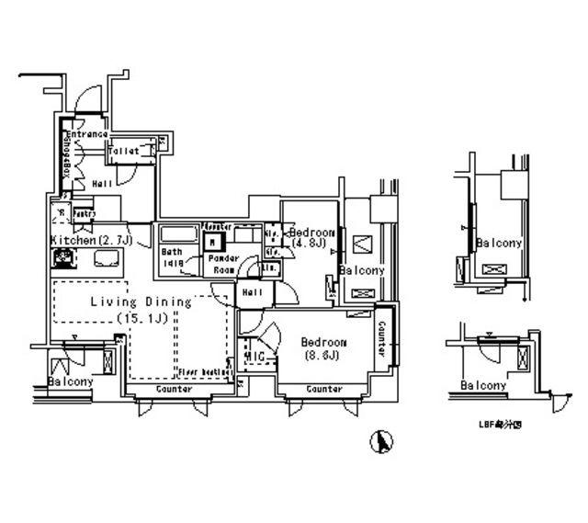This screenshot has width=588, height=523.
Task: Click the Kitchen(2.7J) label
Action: pyautogui.click(x=92, y=240)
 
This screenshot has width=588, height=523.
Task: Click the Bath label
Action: pyautogui.click(x=172, y=252)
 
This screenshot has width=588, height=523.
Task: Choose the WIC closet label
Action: pyautogui.click(x=254, y=357)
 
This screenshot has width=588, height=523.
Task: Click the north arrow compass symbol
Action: pyautogui.click(x=376, y=443)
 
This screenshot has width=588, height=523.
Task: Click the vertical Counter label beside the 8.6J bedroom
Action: pyautogui.click(x=381, y=341)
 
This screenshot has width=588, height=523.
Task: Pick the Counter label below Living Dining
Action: pyautogui.click(x=173, y=390)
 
